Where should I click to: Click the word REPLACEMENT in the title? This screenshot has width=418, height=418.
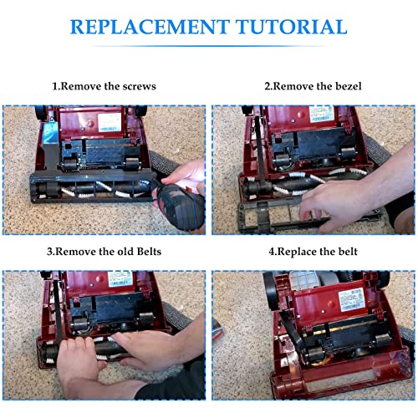point(150,27)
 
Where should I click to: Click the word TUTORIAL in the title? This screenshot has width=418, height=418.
point(292,27)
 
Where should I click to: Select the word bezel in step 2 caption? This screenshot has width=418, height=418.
point(348,86)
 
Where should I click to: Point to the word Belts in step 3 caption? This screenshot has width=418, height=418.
point(149,252)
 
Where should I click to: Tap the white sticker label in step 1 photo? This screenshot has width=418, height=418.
point(110,122)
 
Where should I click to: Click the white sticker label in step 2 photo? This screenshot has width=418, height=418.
point(321,114)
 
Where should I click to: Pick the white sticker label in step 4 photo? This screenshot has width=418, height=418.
point(352,299)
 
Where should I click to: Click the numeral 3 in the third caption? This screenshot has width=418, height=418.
point(49,252)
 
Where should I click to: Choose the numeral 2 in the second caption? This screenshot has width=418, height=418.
point(268,86)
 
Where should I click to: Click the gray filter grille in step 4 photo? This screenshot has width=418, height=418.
point(303,279)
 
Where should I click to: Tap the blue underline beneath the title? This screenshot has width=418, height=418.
point(209,46)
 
